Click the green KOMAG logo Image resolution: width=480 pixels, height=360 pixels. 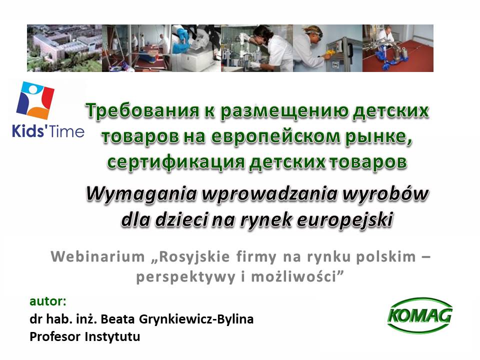point(420,315)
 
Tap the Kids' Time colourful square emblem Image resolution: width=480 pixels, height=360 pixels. point(35,100)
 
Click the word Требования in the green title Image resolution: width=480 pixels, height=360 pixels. point(142,110)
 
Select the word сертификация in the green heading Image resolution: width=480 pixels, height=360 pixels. point(176,161)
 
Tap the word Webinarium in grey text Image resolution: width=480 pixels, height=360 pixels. point(97,256)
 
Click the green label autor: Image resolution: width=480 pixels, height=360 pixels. point(48,301)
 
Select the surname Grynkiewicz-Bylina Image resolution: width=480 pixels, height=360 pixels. point(196,319)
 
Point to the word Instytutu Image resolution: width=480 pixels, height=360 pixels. point(112,336)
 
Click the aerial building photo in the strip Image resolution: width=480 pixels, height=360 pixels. point(64,48)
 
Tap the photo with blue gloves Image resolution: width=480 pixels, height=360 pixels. point(196,48)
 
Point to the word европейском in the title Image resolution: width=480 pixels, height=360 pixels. point(276,136)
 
